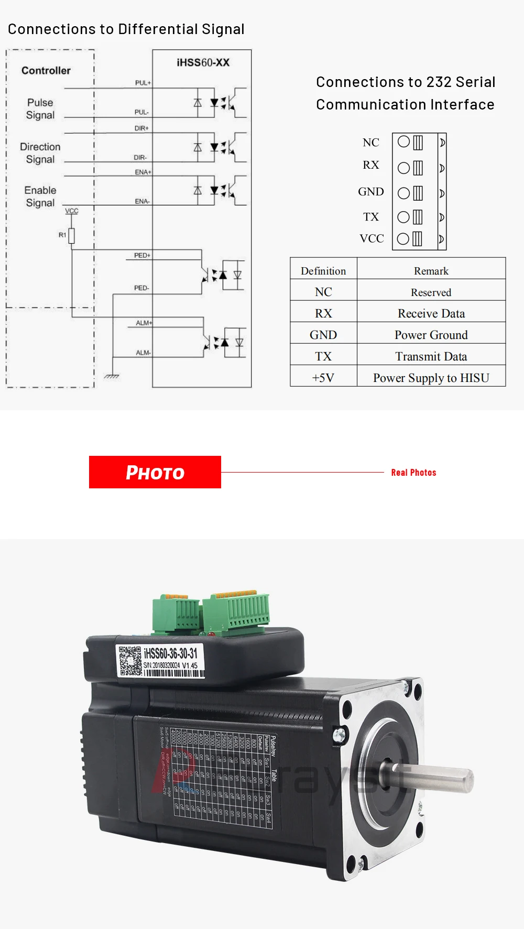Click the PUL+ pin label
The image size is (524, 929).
click(x=143, y=83)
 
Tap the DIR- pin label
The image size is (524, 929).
click(x=140, y=157)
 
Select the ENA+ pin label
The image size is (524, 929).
click(x=143, y=172)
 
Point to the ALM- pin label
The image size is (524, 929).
click(x=143, y=353)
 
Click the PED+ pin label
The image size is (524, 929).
click(x=142, y=255)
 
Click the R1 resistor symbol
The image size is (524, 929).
click(x=72, y=236)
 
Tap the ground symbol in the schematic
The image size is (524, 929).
click(x=112, y=376)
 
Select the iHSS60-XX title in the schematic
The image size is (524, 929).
click(x=203, y=62)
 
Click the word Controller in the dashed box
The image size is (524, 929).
click(x=46, y=71)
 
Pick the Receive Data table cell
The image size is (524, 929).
click(x=431, y=313)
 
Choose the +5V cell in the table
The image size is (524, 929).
click(x=323, y=378)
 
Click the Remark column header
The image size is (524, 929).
click(x=431, y=271)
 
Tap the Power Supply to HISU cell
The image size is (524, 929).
click(x=431, y=378)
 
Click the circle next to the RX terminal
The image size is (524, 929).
click(x=403, y=168)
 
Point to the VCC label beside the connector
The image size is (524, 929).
click(x=372, y=238)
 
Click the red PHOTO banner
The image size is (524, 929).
click(x=155, y=472)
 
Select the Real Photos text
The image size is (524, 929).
click(x=413, y=473)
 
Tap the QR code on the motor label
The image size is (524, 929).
click(x=129, y=661)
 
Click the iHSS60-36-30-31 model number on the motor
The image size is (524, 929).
click(x=171, y=653)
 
